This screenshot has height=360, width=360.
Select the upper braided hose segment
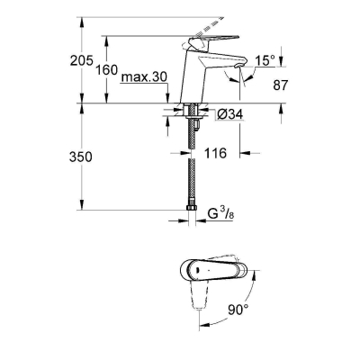[192, 135]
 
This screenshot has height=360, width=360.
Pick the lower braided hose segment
[192, 184]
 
